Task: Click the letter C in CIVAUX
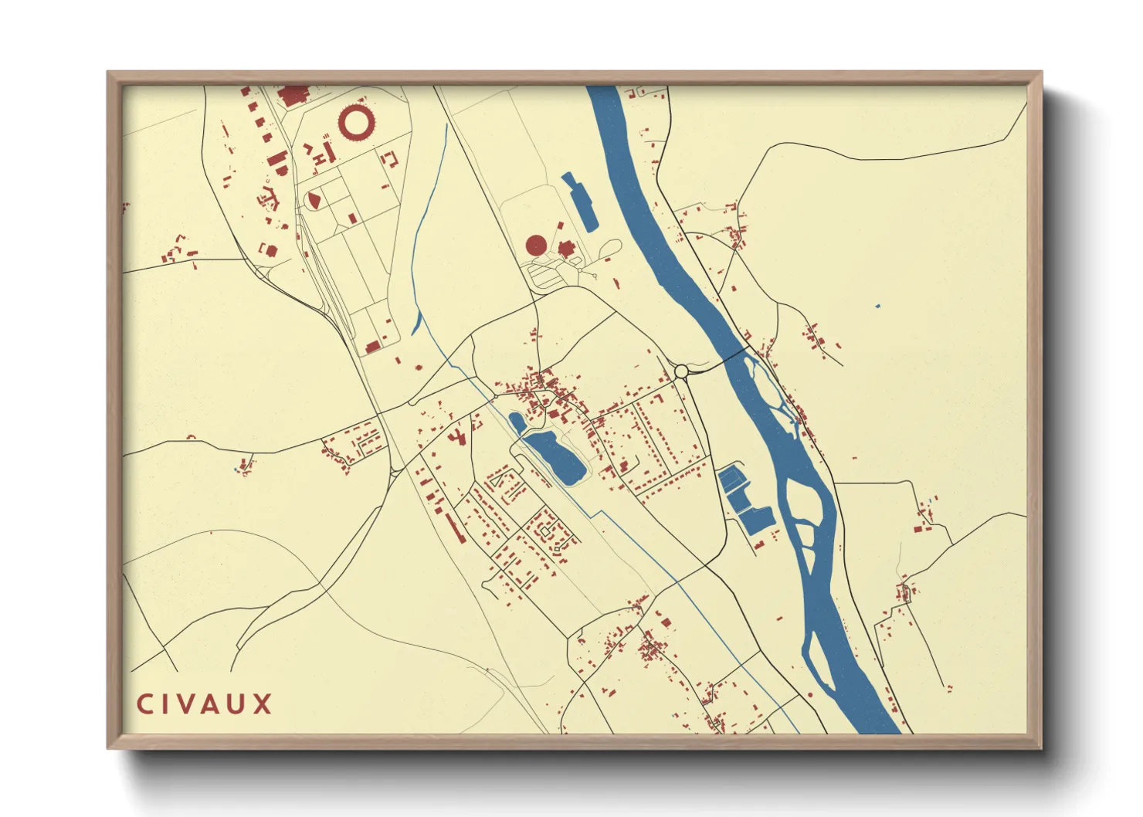(x=144, y=704)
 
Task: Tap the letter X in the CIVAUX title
(x=263, y=704)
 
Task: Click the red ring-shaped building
(x=357, y=122)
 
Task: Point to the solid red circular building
(x=536, y=246)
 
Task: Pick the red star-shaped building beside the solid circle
(x=566, y=249)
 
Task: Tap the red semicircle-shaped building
(x=314, y=200)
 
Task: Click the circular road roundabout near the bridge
(x=681, y=372)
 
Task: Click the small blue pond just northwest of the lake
(x=517, y=422)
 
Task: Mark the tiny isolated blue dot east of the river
(x=878, y=307)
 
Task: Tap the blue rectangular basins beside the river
(x=743, y=500)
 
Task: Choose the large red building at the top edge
(x=293, y=97)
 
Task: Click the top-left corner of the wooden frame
(x=108, y=73)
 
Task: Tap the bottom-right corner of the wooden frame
(x=1040, y=748)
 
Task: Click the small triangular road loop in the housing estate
(x=548, y=530)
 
